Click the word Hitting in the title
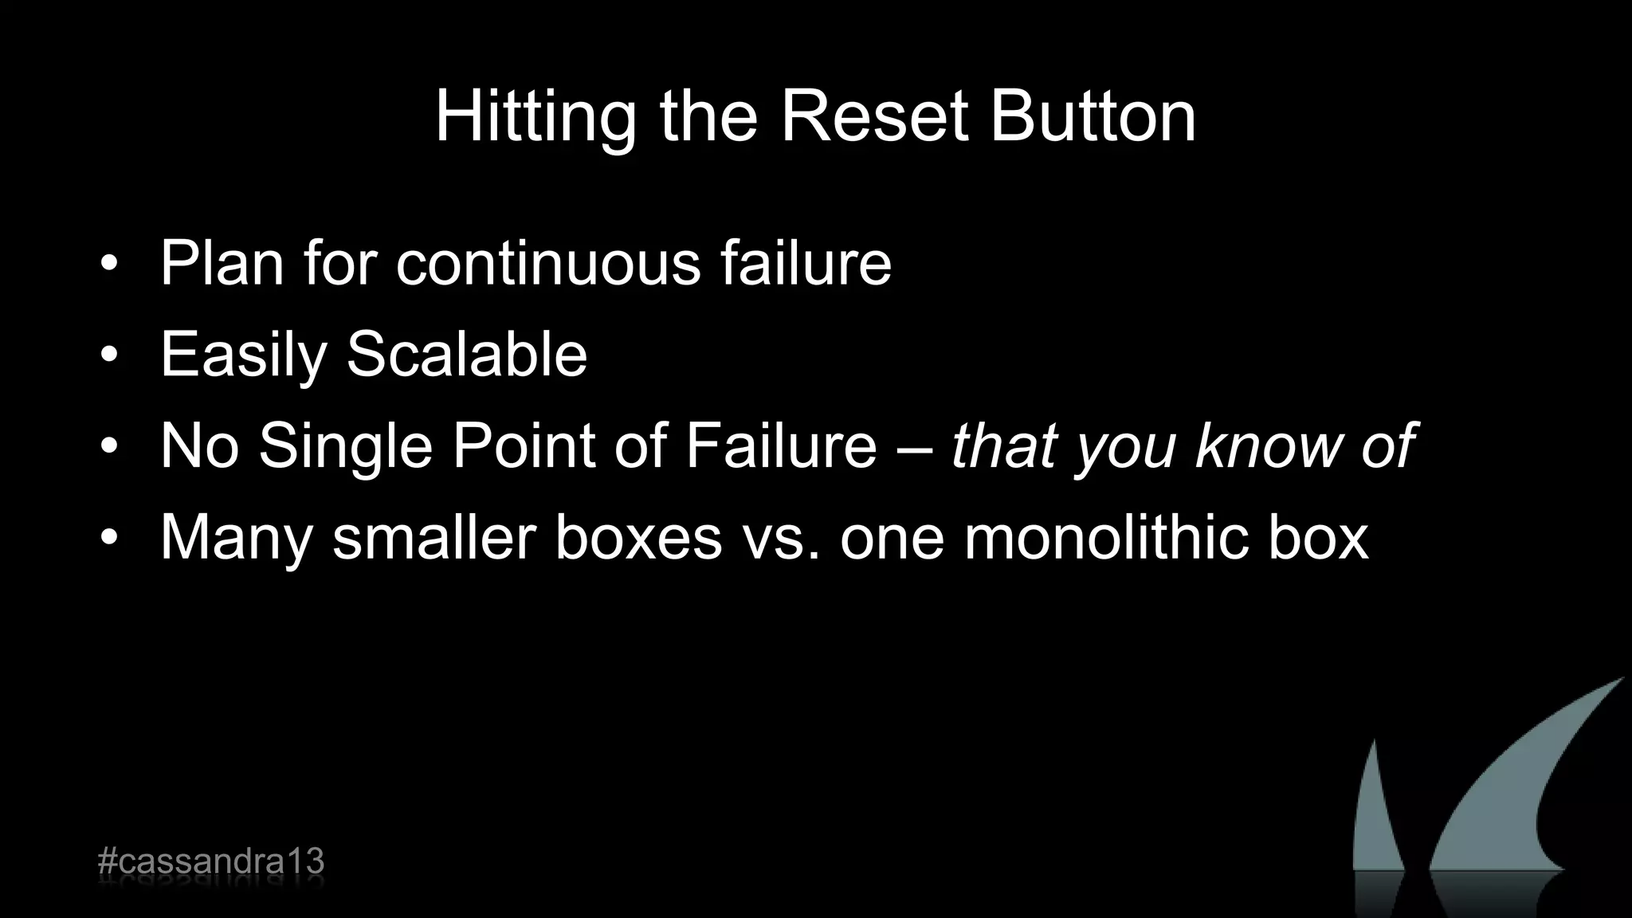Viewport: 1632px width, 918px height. [535, 118]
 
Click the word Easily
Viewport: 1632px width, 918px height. [244, 355]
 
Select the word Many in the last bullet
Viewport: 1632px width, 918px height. [236, 539]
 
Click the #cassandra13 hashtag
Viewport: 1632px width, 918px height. [210, 862]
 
